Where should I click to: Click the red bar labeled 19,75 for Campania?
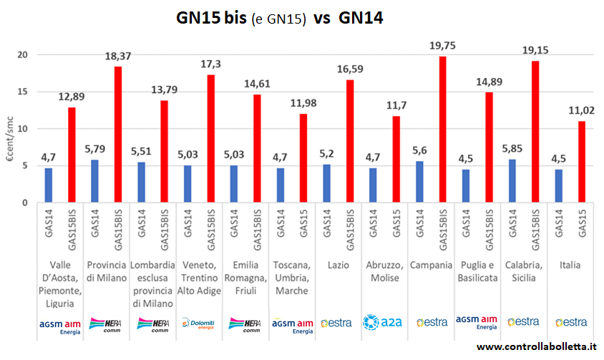pos(442,130)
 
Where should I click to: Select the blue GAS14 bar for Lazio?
pos(327,184)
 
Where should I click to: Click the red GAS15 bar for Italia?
pos(582,162)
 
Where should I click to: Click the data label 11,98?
pos(303,103)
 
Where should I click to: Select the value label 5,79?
pos(95,150)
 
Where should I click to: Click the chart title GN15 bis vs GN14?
pos(280,19)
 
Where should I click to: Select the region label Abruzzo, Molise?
pos(384,271)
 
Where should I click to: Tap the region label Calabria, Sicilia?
pos(523,271)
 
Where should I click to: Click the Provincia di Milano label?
pos(107,271)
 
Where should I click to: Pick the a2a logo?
pos(384,322)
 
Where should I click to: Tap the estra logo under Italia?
pos(570,322)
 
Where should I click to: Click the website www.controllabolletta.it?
pos(536,347)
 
